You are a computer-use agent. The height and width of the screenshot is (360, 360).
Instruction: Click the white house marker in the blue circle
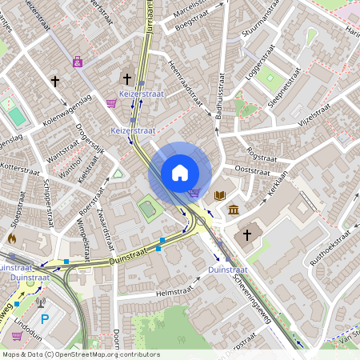[180, 173]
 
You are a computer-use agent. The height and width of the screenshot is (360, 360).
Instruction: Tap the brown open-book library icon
[220, 195]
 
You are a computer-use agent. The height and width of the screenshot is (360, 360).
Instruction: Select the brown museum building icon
[233, 210]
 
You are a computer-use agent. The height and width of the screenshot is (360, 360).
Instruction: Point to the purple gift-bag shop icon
[78, 61]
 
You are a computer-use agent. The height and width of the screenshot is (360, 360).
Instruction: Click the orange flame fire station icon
[11, 238]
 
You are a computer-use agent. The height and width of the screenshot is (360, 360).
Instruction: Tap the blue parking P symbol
[45, 320]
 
